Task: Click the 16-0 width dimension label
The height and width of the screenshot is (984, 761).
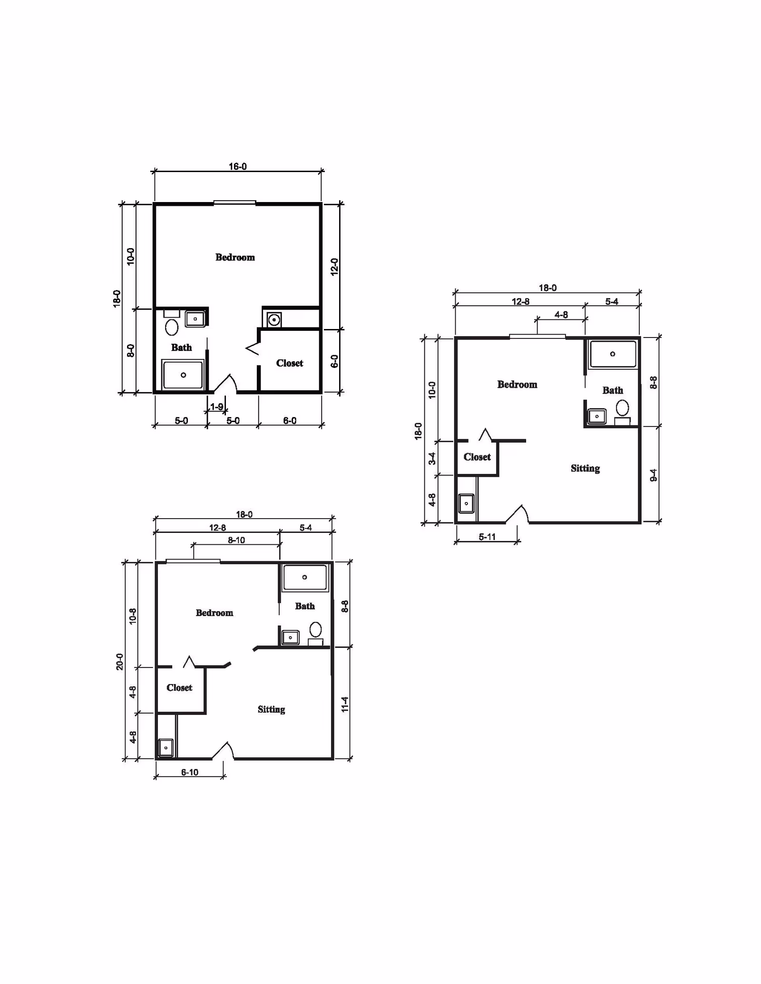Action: (237, 166)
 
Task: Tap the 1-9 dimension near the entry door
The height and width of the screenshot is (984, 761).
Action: (217, 407)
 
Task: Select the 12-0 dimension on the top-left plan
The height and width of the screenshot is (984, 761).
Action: (334, 267)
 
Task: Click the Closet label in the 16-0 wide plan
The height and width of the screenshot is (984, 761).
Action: (289, 363)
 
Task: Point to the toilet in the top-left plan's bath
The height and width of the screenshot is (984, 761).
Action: (172, 327)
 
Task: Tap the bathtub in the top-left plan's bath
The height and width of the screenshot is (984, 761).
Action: (183, 375)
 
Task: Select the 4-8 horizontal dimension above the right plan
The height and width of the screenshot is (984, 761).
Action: (561, 315)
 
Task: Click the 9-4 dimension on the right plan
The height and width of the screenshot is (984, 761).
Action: (654, 475)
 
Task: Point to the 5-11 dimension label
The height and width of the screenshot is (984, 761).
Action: (487, 537)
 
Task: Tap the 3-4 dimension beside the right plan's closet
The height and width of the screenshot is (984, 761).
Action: (432, 458)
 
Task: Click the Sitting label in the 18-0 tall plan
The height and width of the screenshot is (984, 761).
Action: (585, 468)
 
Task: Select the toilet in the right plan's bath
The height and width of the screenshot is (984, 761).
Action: (622, 408)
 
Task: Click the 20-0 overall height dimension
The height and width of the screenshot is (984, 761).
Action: (119, 662)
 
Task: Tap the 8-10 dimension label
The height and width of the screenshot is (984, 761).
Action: (236, 540)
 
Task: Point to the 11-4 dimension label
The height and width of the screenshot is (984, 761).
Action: (345, 704)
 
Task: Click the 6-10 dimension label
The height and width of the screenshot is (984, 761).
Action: (189, 772)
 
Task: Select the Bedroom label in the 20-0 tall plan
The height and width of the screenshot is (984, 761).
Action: (214, 613)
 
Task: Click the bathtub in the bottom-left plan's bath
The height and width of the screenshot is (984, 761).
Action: (305, 577)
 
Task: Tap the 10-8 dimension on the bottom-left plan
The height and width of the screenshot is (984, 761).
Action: (133, 616)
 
